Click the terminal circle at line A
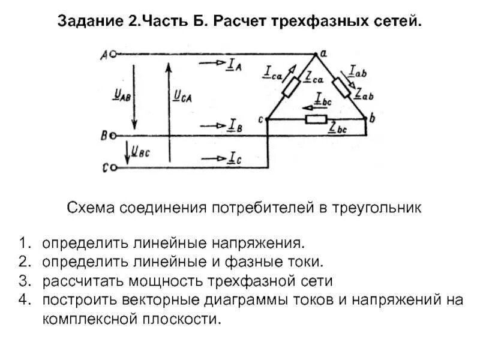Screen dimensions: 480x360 111,54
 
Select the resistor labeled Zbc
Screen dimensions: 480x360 316,119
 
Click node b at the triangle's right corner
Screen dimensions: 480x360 367,119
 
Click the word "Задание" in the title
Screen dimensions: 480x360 89,22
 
